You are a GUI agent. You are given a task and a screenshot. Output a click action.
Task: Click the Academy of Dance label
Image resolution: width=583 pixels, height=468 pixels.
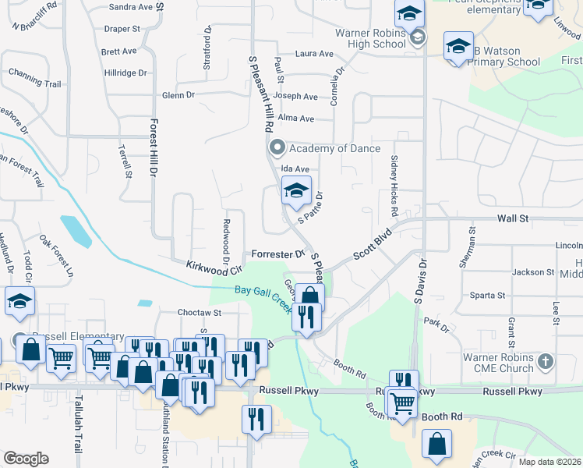coord(334,148)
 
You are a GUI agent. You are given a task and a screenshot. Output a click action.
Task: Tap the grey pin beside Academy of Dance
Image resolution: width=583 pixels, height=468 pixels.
coord(277,147)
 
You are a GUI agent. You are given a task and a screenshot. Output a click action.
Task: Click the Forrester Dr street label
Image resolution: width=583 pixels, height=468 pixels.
coord(277,254)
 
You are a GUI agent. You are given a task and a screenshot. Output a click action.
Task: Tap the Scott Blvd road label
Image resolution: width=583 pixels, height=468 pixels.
coord(372,245)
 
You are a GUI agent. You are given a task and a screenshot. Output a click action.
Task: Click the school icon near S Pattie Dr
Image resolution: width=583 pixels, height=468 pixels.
coord(296,190)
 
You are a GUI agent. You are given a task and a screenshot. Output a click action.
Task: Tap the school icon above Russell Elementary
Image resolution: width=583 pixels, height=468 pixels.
coord(20,301)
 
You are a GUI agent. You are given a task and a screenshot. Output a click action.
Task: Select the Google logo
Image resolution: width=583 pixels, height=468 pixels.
coord(26,459)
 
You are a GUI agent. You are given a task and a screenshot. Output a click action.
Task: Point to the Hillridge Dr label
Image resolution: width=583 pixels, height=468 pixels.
coord(125,73)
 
